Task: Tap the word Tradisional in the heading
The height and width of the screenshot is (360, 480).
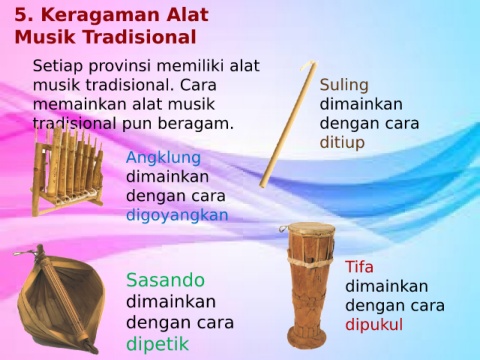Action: pyautogui.click(x=139, y=37)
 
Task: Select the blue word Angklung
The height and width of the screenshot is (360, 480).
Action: pyautogui.click(x=163, y=158)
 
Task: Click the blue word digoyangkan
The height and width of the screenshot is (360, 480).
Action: pyautogui.click(x=177, y=216)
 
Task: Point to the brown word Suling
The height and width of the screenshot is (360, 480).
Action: pyautogui.click(x=344, y=85)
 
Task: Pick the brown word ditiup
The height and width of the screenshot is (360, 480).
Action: pyautogui.click(x=342, y=143)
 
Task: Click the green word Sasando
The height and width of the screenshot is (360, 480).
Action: pyautogui.click(x=165, y=280)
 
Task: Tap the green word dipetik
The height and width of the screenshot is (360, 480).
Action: pyautogui.click(x=158, y=344)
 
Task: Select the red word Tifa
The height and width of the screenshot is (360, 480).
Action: pyautogui.click(x=359, y=267)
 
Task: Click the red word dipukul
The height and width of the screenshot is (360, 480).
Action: pyautogui.click(x=374, y=325)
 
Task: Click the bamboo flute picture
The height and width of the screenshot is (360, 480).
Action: pyautogui.click(x=287, y=124)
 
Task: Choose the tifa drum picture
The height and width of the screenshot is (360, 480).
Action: pyautogui.click(x=309, y=287)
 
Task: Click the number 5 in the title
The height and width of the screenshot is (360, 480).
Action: pyautogui.click(x=22, y=16)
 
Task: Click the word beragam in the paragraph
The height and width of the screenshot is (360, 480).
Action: pyautogui.click(x=195, y=124)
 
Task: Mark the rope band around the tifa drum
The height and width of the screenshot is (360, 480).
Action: pyautogui.click(x=310, y=260)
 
